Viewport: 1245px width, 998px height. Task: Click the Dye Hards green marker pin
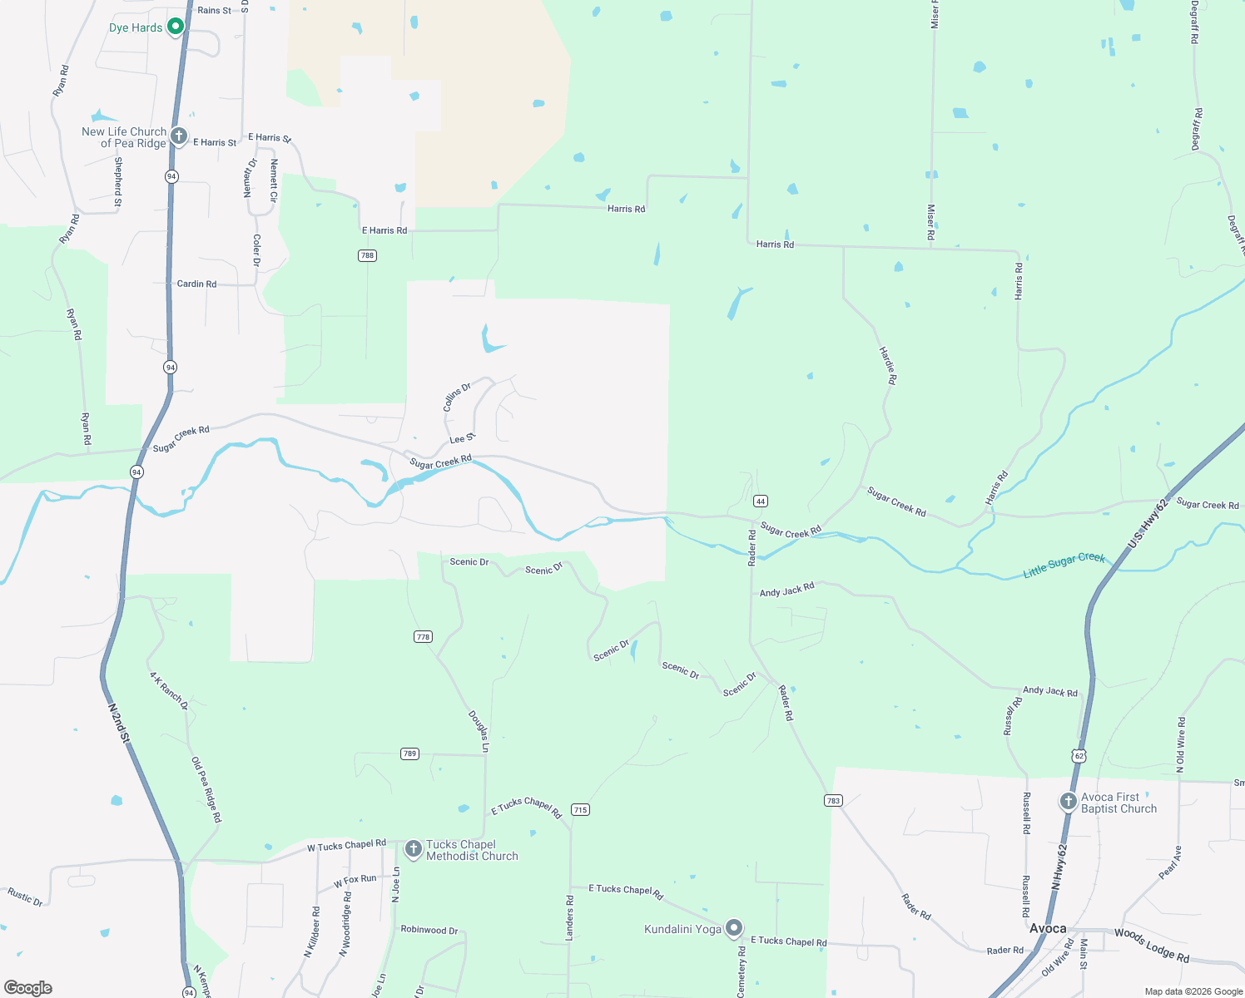[x=176, y=27]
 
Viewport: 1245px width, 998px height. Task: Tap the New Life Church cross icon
[x=178, y=136]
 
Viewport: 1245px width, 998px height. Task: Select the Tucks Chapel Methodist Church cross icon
[x=413, y=849]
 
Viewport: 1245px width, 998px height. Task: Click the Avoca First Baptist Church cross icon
[x=1068, y=802]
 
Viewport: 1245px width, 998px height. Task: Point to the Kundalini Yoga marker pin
[x=733, y=928]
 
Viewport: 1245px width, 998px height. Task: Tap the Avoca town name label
[x=1048, y=928]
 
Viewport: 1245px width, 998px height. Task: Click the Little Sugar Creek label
[x=1064, y=565]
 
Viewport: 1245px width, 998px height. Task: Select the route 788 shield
[x=367, y=255]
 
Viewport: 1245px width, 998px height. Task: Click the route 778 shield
[x=423, y=637]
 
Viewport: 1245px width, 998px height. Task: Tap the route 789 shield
[x=409, y=753]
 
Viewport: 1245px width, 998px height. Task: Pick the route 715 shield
[x=580, y=809]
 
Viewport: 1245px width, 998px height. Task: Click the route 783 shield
[x=833, y=800]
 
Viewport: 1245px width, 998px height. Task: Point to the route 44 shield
[x=760, y=501]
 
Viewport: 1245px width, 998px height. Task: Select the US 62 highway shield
[x=1079, y=755]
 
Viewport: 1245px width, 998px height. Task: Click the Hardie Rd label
[x=889, y=365]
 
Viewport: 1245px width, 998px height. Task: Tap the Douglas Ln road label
[x=479, y=731]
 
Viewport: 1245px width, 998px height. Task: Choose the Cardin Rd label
[x=196, y=284]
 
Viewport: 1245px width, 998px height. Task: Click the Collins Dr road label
[x=457, y=397]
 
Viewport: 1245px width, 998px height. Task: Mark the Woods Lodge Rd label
[x=1152, y=944]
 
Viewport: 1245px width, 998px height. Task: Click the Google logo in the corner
[x=28, y=988]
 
